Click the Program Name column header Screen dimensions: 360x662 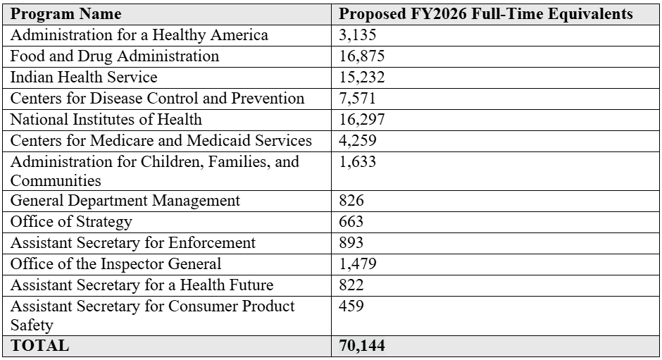[x=66, y=14]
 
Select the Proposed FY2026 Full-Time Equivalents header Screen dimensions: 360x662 [x=486, y=14]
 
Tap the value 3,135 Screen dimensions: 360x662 [x=358, y=35]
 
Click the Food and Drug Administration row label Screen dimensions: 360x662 [x=115, y=56]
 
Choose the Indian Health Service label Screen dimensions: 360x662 [x=84, y=77]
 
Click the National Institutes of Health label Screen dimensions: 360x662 [x=106, y=119]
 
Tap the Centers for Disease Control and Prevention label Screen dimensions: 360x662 [x=158, y=98]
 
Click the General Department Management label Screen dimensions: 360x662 [x=125, y=201]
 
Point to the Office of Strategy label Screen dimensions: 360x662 [x=70, y=222]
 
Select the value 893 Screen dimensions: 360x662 [x=351, y=243]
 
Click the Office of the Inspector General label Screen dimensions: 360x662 [x=115, y=264]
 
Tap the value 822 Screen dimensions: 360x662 [x=351, y=285]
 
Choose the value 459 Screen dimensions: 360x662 [x=351, y=307]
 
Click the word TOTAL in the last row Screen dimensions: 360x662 [x=39, y=346]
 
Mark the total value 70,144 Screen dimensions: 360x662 [x=362, y=346]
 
